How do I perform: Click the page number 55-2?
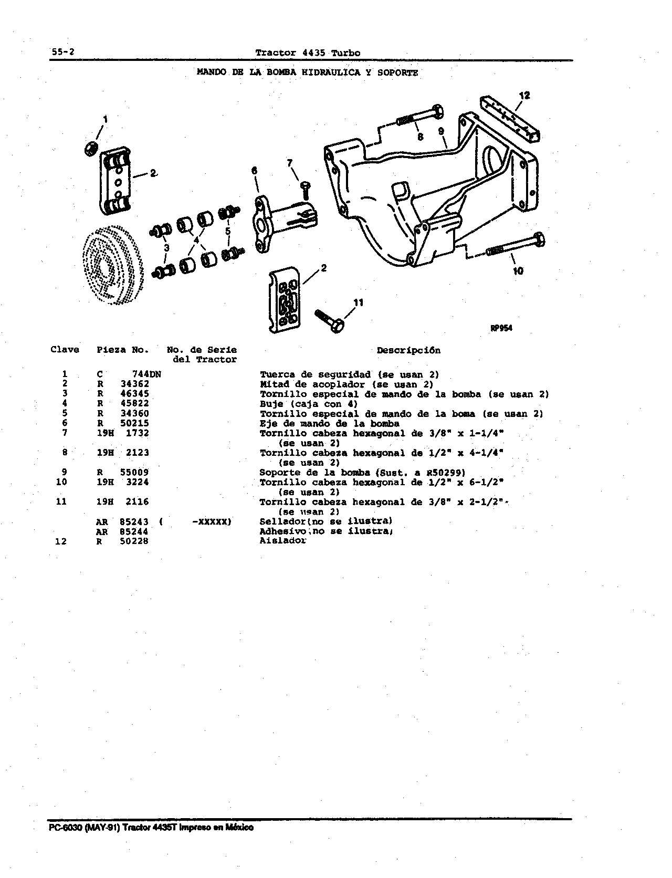tap(62, 52)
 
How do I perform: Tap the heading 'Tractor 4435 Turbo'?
tap(308, 53)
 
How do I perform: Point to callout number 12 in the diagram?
tap(524, 95)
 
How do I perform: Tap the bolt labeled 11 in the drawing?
tap(329, 321)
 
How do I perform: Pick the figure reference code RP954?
tap(501, 328)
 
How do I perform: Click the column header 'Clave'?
tap(65, 350)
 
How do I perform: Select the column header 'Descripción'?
tap(409, 350)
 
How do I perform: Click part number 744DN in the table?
tap(146, 374)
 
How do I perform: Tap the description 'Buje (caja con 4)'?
tap(309, 404)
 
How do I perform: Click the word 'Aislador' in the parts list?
tap(283, 541)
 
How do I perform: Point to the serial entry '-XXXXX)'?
tap(212, 521)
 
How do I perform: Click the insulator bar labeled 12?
tap(510, 118)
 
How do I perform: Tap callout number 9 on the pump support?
tap(441, 131)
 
